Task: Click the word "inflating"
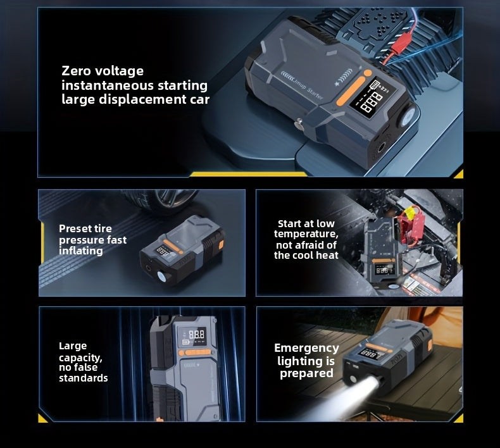81,251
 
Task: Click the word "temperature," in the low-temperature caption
306,234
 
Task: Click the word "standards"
84,378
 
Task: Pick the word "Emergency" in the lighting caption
306,348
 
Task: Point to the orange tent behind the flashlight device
443,329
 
